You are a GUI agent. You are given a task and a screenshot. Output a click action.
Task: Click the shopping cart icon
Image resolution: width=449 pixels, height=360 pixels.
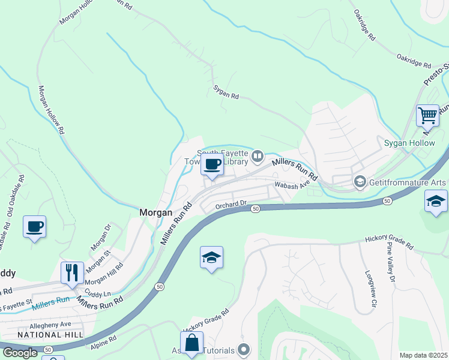tap(427, 114)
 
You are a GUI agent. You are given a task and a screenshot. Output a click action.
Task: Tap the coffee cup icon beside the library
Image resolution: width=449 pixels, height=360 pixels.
tap(212, 164)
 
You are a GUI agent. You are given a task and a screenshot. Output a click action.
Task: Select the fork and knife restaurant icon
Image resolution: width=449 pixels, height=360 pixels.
tap(72, 272)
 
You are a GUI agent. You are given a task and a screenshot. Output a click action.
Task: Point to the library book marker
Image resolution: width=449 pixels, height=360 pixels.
tap(258, 157)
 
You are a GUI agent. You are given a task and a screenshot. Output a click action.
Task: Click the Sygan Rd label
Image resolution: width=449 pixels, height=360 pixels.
tap(226, 92)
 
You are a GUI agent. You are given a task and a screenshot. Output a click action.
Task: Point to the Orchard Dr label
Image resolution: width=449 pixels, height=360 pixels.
tap(231, 204)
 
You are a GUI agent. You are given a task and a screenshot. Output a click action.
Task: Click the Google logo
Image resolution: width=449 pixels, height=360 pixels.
tap(20, 353)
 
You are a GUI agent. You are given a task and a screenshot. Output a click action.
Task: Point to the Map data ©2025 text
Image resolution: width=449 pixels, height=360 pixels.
tap(423, 355)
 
